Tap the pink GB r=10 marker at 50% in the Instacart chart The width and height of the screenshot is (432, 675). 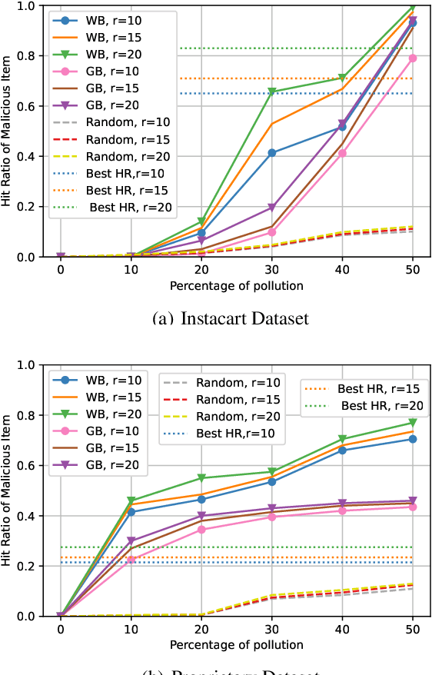tap(412, 58)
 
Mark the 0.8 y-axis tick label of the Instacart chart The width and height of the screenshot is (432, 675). tap(27, 55)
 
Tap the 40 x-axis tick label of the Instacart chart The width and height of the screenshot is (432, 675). tap(341, 271)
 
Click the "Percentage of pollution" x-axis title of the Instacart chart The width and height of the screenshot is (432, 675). tap(237, 286)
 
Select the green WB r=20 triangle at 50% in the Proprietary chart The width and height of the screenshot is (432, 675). tap(412, 423)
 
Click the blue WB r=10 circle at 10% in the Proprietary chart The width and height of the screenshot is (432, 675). tap(131, 512)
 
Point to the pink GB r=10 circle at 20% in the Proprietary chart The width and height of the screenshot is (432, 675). tap(202, 530)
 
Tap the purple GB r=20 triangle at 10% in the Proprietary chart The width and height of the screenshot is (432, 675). tap(131, 541)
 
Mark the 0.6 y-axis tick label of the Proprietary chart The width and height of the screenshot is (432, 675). tap(27, 465)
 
